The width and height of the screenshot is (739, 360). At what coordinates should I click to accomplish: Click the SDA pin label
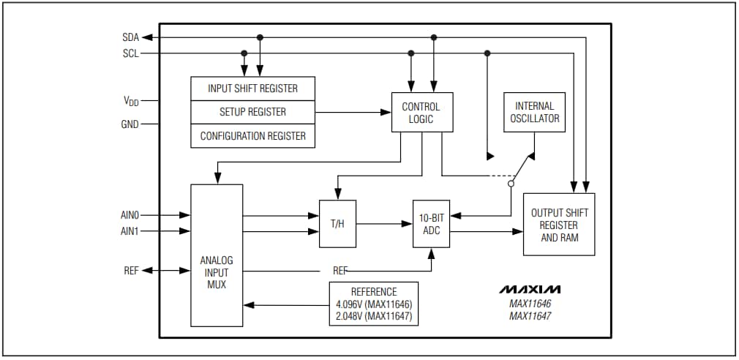[130, 37]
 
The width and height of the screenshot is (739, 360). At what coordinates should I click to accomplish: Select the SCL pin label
[130, 53]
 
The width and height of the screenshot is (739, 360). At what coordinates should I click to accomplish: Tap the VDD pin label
[130, 102]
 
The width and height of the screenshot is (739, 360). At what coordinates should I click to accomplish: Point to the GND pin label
[130, 124]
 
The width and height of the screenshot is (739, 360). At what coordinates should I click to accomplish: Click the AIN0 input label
[130, 215]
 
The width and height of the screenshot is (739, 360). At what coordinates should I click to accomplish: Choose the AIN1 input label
[130, 231]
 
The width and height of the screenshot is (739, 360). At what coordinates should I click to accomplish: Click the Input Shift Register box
[252, 89]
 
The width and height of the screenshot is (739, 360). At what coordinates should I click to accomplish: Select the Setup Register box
[252, 112]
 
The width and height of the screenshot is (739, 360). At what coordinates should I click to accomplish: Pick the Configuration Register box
[252, 136]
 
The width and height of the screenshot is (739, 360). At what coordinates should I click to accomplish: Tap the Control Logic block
[421, 112]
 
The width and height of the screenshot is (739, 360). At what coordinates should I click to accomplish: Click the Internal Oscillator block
[534, 112]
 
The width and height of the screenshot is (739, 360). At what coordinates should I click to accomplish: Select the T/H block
[337, 223]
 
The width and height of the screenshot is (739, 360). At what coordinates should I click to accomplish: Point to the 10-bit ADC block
[431, 223]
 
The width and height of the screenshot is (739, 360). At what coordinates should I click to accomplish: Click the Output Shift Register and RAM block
[559, 225]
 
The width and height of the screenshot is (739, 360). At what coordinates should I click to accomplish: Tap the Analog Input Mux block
[217, 255]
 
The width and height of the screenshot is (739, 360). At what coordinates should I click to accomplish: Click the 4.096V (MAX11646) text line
[374, 304]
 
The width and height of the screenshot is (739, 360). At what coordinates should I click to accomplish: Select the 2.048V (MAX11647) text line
[374, 317]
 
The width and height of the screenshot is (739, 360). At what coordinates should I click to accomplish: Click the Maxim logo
[530, 289]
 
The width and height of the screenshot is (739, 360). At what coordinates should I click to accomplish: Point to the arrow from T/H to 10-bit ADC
[384, 223]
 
